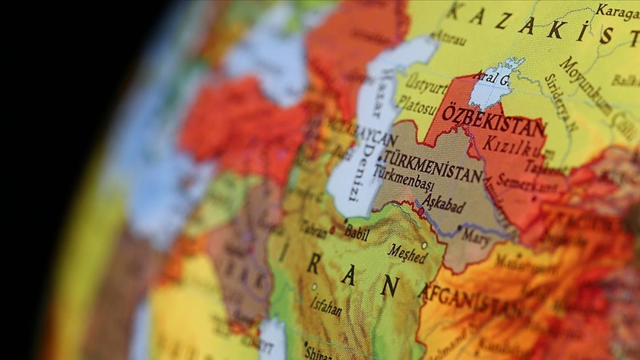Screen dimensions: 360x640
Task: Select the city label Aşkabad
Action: [x=443, y=203]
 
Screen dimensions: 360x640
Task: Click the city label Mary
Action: [x=475, y=236]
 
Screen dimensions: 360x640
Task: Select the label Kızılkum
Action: [x=514, y=148]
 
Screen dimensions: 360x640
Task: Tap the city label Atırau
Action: [x=449, y=37]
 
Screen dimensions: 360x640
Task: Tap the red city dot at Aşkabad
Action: [x=421, y=212]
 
